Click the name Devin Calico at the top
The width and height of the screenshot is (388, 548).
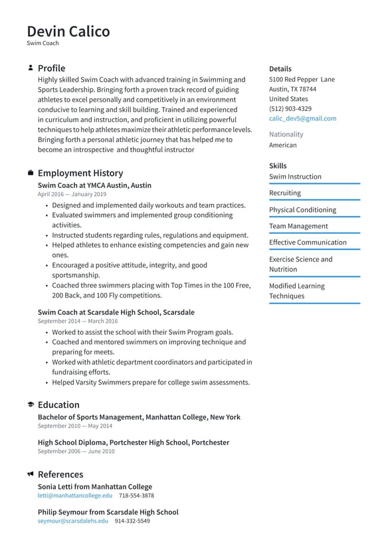click(68, 31)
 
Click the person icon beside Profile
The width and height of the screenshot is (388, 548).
click(31, 68)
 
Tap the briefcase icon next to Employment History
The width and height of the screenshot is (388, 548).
click(31, 173)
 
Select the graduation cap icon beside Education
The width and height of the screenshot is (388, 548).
click(31, 405)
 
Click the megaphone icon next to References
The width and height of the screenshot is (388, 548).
click(31, 474)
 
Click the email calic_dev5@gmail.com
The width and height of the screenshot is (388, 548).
click(302, 118)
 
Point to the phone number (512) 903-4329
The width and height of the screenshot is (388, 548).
click(290, 108)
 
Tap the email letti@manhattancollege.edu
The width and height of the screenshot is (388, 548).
click(75, 496)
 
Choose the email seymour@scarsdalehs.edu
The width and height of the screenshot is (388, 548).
click(72, 521)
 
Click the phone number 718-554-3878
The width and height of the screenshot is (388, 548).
click(136, 496)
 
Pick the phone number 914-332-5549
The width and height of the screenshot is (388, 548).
click(132, 521)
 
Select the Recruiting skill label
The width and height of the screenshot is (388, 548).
click(284, 193)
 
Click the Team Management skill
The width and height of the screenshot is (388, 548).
click(298, 226)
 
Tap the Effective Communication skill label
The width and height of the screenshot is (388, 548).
click(308, 242)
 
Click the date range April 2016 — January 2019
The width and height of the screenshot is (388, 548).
click(72, 195)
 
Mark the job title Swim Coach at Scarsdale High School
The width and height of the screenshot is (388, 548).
click(116, 312)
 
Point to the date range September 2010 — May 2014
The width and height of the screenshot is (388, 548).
click(75, 426)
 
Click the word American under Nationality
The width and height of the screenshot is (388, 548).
click(282, 145)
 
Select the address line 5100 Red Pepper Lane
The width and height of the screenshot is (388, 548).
click(302, 79)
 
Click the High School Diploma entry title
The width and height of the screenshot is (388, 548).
click(133, 442)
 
